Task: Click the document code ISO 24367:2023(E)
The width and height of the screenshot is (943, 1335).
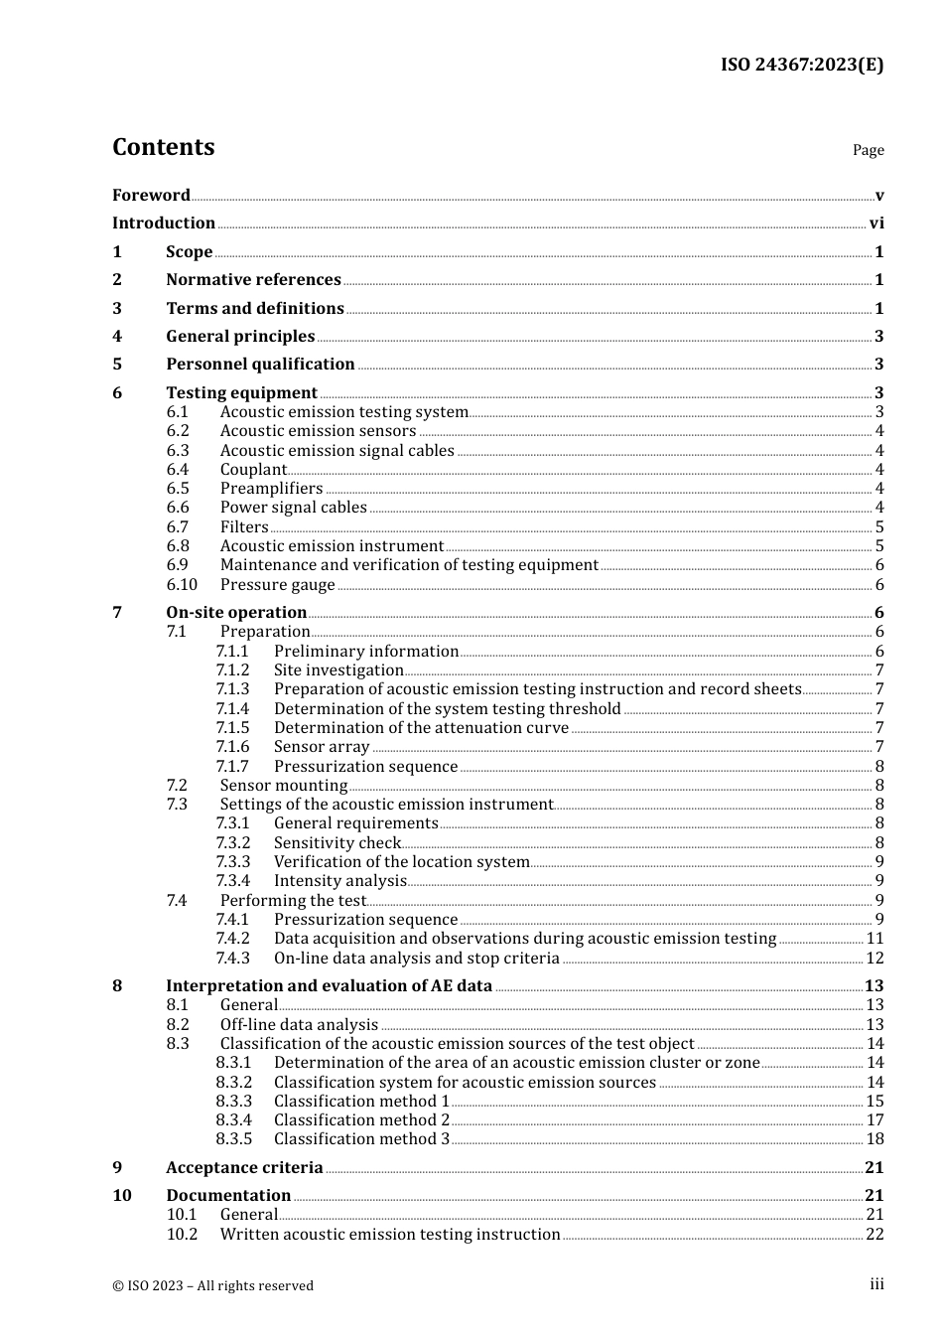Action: coord(801,65)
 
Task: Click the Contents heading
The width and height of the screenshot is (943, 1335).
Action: coord(163,147)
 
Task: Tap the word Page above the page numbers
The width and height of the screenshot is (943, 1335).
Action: coord(868,150)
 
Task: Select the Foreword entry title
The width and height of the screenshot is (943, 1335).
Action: coord(151,195)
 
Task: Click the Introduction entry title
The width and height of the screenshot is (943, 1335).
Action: coord(163,222)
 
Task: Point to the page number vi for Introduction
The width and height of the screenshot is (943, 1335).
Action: coord(876,222)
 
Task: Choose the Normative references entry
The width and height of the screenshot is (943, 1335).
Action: coord(253,279)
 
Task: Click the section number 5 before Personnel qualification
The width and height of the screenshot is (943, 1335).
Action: coord(117,364)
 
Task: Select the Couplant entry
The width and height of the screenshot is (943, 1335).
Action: coord(253,469)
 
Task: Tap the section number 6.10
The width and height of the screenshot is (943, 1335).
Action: coord(182,584)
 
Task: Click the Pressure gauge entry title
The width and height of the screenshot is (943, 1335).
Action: coord(277,584)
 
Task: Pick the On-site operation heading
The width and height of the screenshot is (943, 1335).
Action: coord(236,612)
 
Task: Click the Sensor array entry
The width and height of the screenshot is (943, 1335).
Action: coord(322,746)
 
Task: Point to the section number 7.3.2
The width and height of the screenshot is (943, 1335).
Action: coord(233,842)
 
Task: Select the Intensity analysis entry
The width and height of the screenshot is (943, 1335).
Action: coord(340,880)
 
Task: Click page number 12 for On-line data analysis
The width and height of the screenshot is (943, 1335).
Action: coord(875,958)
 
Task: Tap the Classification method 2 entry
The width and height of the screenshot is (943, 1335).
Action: coord(361,1119)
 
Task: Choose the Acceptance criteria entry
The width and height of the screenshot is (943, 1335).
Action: coord(244,1167)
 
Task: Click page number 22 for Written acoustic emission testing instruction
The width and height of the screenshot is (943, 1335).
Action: coord(875,1234)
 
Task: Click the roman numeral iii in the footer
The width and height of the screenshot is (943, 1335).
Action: coord(876,1284)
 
